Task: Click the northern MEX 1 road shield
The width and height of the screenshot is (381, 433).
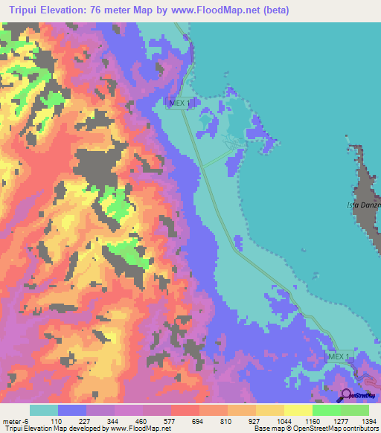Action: [x=176, y=104]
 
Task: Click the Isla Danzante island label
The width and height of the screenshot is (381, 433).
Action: [x=365, y=205]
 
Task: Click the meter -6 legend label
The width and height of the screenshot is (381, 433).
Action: [x=16, y=420]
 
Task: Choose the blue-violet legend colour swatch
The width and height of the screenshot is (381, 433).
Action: [x=71, y=410]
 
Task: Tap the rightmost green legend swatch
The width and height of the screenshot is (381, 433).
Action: [x=354, y=410]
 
